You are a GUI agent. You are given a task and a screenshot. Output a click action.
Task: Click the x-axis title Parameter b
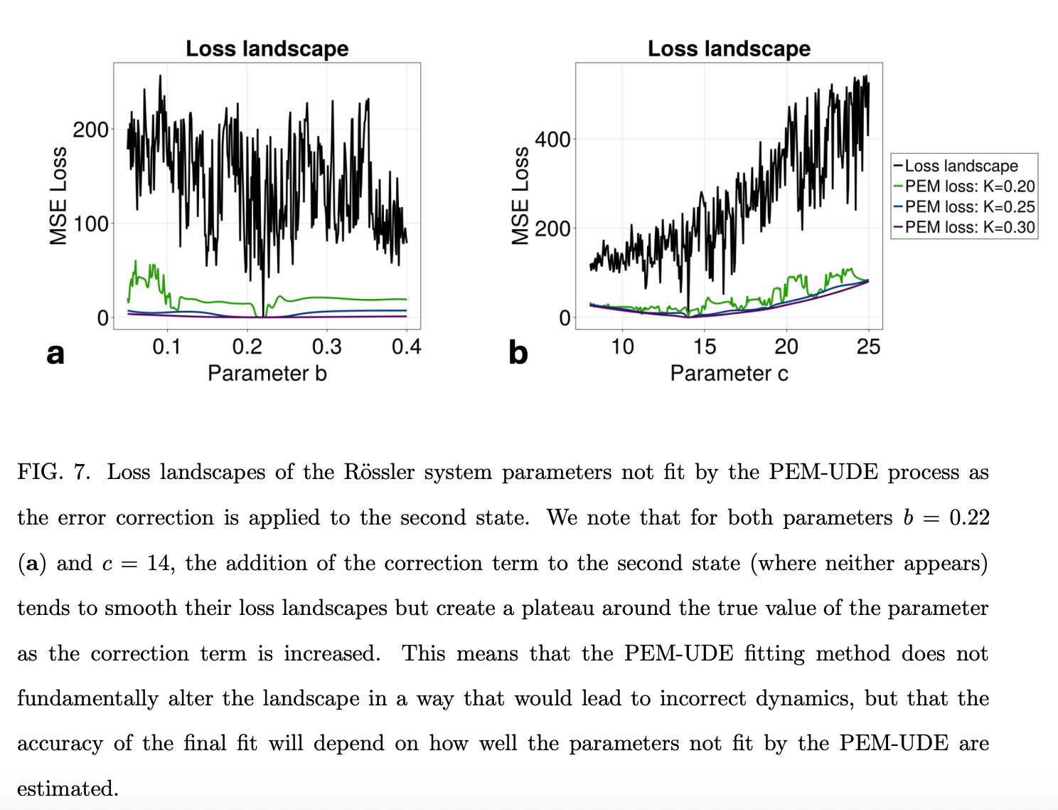click(267, 373)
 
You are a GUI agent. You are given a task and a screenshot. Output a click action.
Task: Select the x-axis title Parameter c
click(729, 373)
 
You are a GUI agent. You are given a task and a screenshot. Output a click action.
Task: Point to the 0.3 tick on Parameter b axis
click(326, 347)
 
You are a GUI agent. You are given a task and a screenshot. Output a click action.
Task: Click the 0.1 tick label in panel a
click(167, 347)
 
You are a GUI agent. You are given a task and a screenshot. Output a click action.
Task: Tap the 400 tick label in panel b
click(552, 139)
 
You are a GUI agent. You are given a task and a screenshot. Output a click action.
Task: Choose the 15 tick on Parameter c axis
click(704, 347)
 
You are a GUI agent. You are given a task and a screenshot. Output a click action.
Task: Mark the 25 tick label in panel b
click(868, 347)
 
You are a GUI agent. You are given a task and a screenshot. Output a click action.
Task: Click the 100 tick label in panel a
click(91, 223)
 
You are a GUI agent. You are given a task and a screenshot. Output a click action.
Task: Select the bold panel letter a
click(55, 353)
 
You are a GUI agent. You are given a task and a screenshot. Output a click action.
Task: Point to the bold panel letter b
click(518, 353)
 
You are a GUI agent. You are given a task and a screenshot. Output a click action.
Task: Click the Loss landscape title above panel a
click(267, 48)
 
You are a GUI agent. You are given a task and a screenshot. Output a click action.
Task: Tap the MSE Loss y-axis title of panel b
click(520, 196)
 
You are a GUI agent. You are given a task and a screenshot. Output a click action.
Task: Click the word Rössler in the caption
click(379, 473)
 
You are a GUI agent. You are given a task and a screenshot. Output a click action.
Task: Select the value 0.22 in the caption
click(969, 517)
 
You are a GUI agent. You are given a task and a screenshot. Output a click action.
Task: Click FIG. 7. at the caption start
click(54, 473)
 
